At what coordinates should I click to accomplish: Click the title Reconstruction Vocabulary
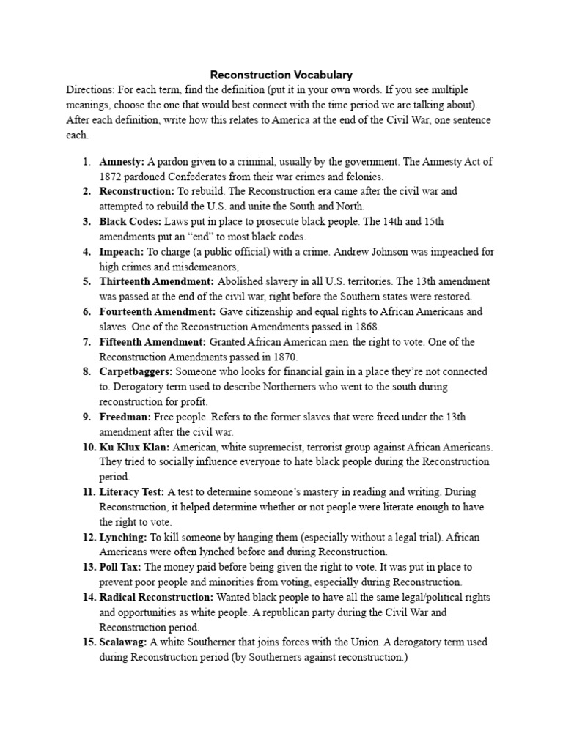point(281,75)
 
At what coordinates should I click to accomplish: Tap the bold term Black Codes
point(128,221)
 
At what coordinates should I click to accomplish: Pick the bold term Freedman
point(125,417)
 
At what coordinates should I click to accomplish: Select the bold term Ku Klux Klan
point(134,447)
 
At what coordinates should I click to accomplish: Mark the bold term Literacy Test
point(132,491)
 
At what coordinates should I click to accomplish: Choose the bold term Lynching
point(123,537)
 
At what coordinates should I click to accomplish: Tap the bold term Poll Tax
point(121,567)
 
